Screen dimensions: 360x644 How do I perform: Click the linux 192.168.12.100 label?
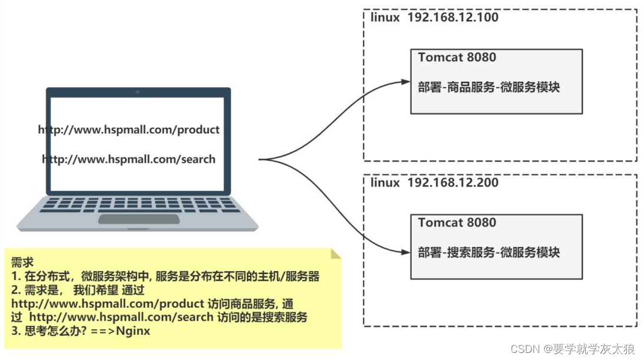[435, 17]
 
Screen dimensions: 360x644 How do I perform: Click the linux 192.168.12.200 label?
[435, 182]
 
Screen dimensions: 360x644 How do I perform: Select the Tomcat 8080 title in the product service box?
[457, 58]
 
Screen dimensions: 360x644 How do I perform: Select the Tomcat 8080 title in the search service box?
[457, 223]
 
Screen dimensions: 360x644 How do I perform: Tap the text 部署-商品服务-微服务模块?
[489, 87]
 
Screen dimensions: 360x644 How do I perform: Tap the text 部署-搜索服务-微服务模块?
[489, 252]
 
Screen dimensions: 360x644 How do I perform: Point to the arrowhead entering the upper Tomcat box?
[406, 82]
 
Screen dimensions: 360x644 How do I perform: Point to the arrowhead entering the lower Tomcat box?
[406, 252]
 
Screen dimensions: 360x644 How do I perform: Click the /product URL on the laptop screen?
[129, 129]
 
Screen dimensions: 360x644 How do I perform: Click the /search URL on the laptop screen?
[129, 159]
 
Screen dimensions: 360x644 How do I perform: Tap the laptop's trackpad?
[139, 219]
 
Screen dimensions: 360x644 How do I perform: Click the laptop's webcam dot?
[138, 92]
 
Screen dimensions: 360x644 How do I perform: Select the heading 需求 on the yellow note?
[22, 262]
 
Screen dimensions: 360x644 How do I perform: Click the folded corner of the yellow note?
[336, 254]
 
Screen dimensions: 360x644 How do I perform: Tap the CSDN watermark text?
[572, 349]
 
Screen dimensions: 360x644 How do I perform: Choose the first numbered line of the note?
[168, 276]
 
